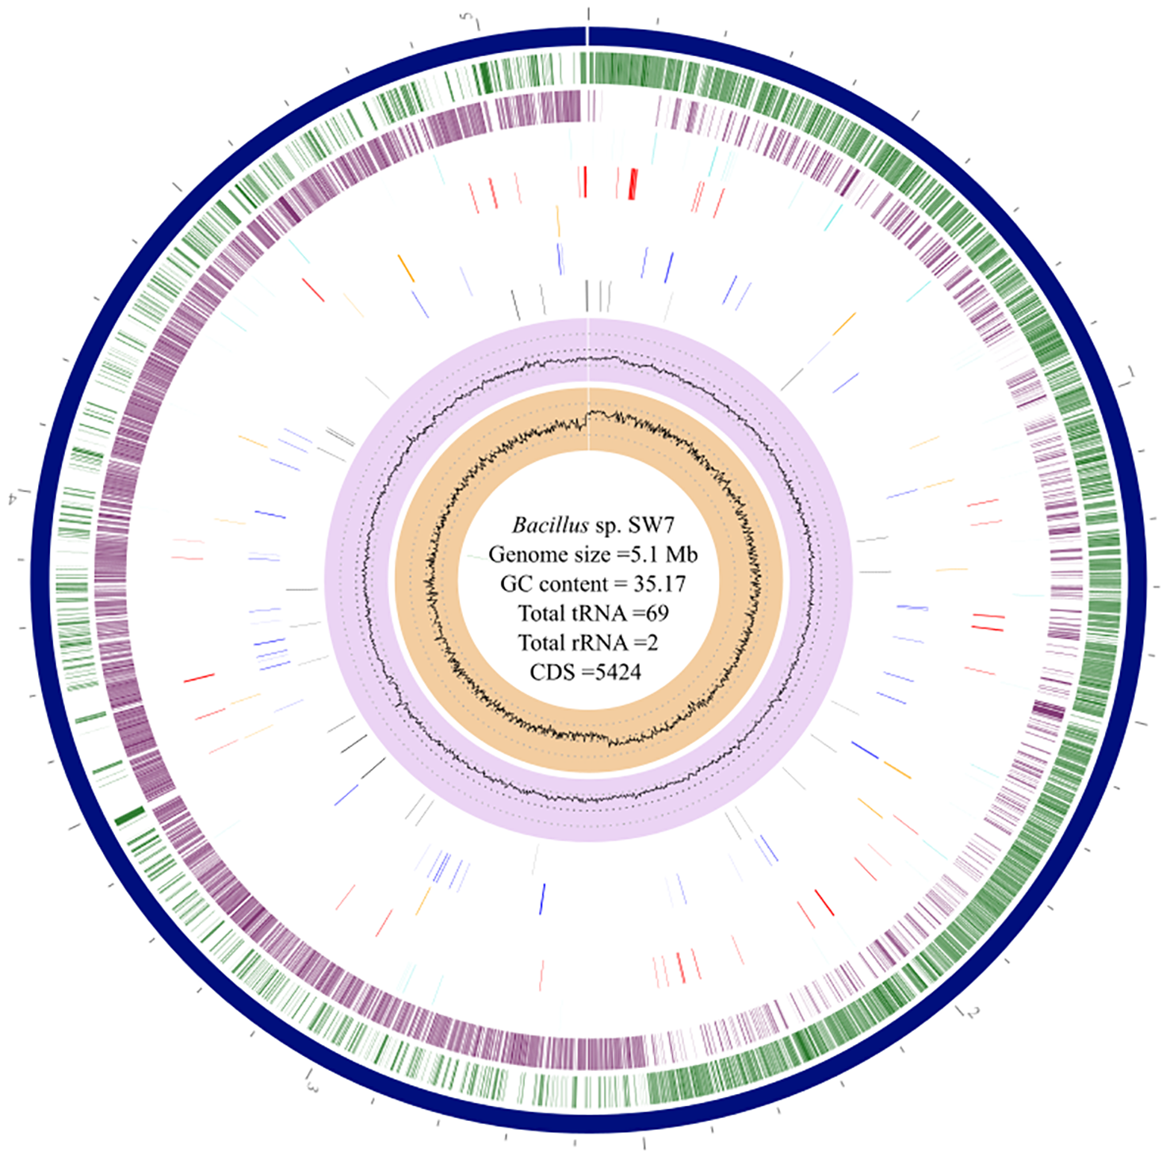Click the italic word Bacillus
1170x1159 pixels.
click(550, 525)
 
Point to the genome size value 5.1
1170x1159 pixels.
click(645, 555)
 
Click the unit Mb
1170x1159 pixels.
click(682, 555)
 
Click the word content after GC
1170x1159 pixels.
click(579, 584)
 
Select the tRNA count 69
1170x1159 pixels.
click(657, 613)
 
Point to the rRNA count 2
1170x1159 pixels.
click(652, 642)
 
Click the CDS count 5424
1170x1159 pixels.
click(618, 672)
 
